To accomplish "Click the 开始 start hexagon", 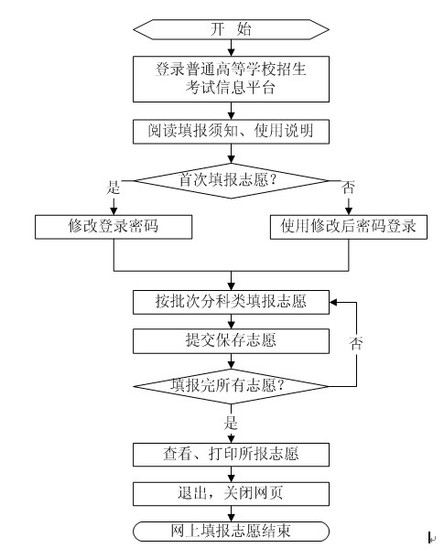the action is click(x=231, y=29).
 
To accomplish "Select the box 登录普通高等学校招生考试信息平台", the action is click(x=231, y=79).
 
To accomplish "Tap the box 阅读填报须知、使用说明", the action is click(x=231, y=132).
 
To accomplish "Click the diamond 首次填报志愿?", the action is click(x=231, y=181).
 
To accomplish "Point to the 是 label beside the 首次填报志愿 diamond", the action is click(x=114, y=188).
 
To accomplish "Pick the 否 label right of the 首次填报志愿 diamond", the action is click(x=348, y=188).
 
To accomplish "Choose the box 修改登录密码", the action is click(x=114, y=227).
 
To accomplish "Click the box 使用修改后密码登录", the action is click(x=349, y=227).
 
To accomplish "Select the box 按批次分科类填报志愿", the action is click(x=231, y=302).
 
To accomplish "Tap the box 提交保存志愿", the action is click(x=231, y=340).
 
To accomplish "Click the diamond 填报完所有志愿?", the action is click(x=231, y=386).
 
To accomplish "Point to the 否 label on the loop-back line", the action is click(x=356, y=344).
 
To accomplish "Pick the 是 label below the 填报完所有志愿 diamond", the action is click(x=231, y=423).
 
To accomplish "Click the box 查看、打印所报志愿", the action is click(x=231, y=455).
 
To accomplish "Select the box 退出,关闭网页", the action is click(x=231, y=493).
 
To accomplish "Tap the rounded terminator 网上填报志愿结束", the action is click(x=231, y=532).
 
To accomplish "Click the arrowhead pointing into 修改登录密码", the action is click(x=114, y=211).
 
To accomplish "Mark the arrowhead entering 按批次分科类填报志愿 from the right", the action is click(x=333, y=302).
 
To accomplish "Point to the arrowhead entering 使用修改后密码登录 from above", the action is click(x=349, y=211).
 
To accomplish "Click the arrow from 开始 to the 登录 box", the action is click(x=231, y=48).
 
